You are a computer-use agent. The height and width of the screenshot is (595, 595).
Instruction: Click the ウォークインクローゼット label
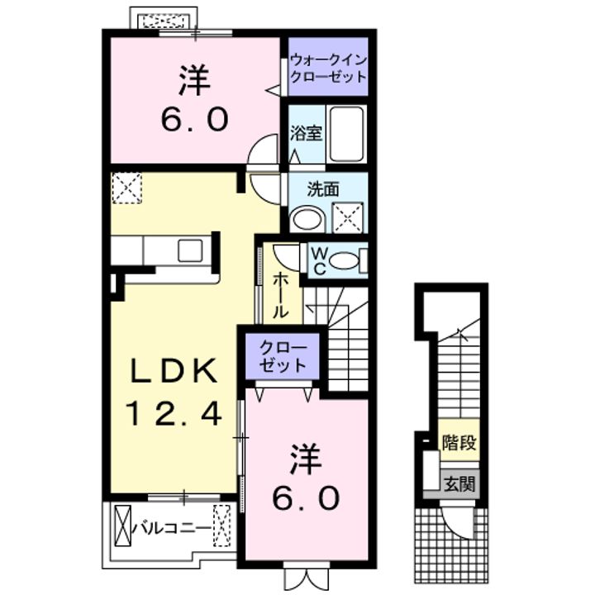327,68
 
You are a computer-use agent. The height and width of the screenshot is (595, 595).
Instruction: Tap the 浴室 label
305,132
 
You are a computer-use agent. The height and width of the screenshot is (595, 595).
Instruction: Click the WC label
317,259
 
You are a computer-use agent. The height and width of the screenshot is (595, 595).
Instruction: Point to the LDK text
175,371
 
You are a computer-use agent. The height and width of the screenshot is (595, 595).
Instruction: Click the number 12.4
175,412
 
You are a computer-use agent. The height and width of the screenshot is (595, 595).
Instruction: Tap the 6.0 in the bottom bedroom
305,497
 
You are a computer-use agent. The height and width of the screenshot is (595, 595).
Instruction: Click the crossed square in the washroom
347,217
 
